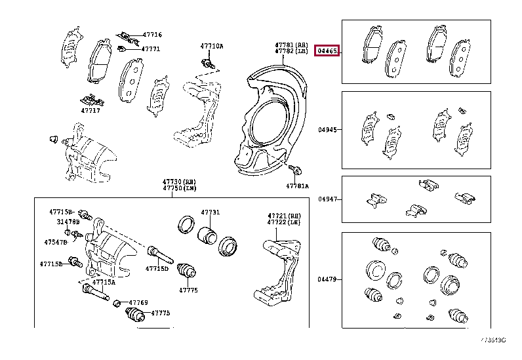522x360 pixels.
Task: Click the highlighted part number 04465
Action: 327,50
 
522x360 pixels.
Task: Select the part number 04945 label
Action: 327,130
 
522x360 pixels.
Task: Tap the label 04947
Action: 327,199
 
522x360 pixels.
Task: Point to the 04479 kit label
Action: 327,279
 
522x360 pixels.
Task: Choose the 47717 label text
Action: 90,110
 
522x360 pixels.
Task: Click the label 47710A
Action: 211,46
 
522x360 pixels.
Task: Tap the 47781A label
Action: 296,186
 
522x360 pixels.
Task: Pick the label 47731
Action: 211,212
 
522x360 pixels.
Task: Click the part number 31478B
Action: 65,222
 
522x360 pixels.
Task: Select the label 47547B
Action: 55,242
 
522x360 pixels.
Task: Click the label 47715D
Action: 157,268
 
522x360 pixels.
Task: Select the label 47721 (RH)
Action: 284,215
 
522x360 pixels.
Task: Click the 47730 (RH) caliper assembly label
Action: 179,181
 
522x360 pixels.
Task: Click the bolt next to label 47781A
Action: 294,171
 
